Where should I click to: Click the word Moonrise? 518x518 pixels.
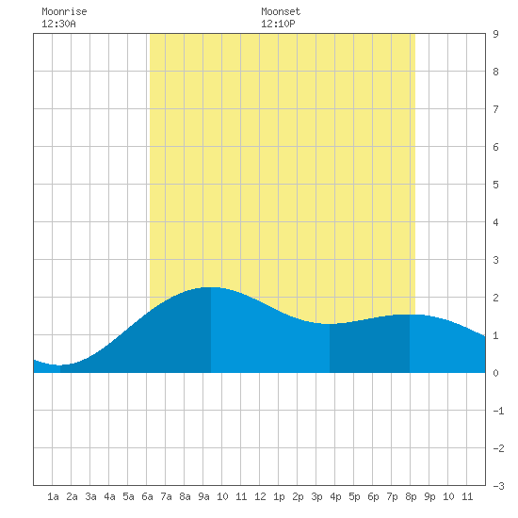pos(64,11)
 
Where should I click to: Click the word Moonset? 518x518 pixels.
pos(281,11)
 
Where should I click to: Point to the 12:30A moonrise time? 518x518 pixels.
pos(58,24)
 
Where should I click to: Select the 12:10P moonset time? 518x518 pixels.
pos(278,24)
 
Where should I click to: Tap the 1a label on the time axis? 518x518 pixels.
pos(53,496)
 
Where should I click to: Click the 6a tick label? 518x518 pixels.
pos(147,496)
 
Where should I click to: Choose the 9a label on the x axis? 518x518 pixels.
pos(203,496)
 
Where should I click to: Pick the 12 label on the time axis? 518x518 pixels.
pos(260,496)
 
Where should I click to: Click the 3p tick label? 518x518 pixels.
pos(316,496)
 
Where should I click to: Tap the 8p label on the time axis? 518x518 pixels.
pos(411,496)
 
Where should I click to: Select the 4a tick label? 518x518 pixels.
pos(109,496)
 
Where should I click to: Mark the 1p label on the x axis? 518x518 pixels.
pos(279,496)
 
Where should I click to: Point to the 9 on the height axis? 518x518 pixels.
pos(495,34)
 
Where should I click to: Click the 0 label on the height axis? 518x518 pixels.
pos(495,373)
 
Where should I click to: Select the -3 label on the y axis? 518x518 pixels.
pos(498,486)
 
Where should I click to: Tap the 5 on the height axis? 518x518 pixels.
pos(495,185)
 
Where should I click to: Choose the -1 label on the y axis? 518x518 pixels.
pos(498,411)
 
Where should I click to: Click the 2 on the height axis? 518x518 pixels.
pos(495,298)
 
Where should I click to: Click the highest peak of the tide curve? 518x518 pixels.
pos(211,287)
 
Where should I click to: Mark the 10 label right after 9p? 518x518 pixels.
pos(448,496)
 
